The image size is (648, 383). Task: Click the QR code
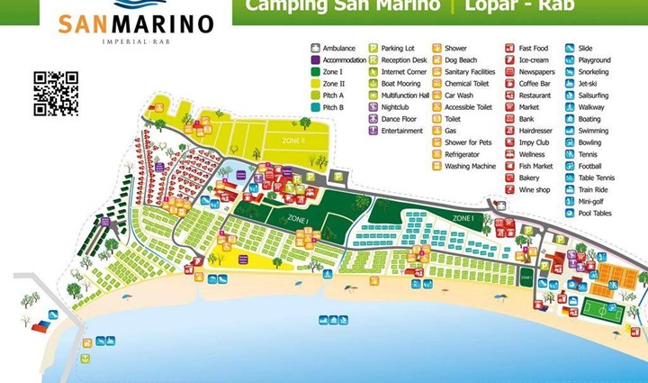tap(56, 94)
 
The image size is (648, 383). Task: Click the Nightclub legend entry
tap(391, 106)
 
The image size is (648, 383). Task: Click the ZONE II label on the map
tap(293, 141)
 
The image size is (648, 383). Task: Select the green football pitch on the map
tap(603, 311)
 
